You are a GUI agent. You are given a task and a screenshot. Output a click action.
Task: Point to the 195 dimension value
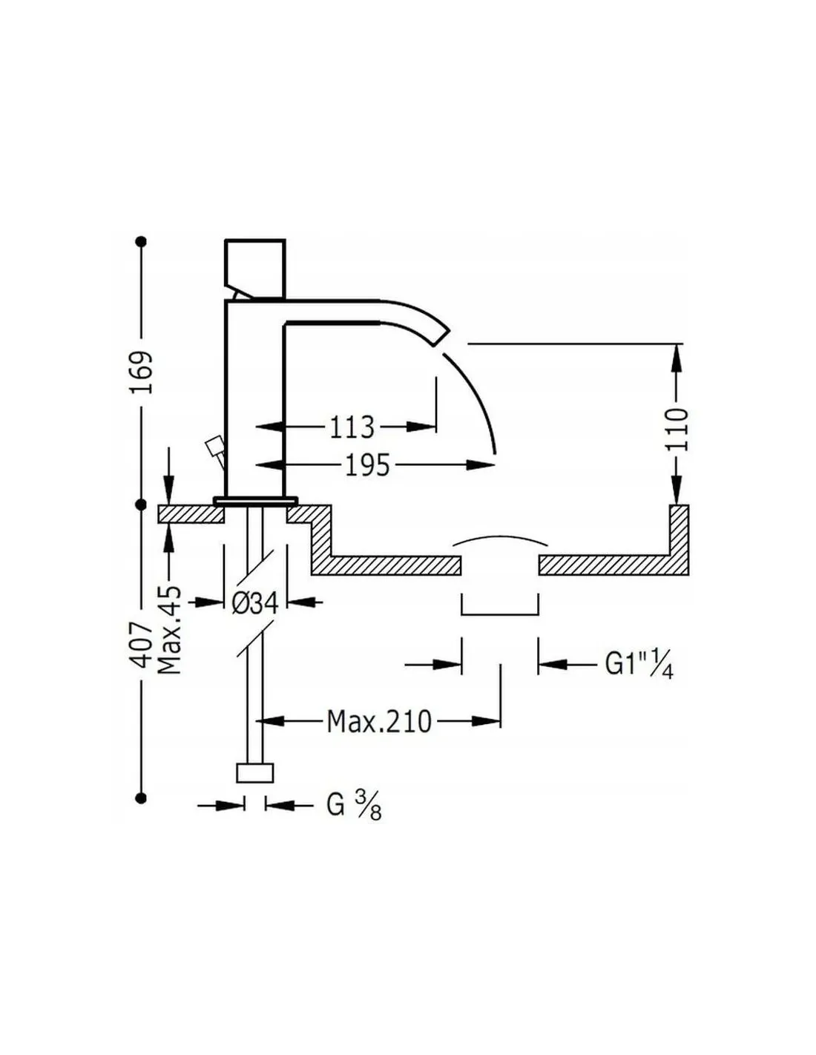coord(367,464)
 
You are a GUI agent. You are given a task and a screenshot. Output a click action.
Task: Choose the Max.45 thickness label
coord(170,630)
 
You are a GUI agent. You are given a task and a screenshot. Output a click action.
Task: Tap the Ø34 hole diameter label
coord(255,603)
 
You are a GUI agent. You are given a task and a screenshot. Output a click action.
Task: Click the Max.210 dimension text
coord(379,721)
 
